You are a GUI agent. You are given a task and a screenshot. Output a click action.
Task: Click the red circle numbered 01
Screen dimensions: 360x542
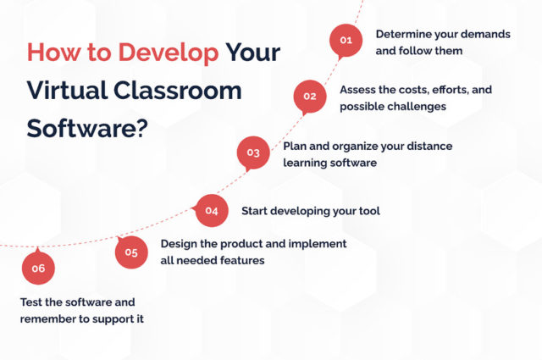pyautogui.click(x=345, y=40)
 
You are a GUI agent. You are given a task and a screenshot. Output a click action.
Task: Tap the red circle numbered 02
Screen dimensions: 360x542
pyautogui.click(x=309, y=96)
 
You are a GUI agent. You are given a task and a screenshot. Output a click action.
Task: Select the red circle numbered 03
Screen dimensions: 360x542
pyautogui.click(x=252, y=152)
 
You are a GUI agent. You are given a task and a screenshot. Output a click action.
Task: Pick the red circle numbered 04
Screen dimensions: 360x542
pyautogui.click(x=212, y=210)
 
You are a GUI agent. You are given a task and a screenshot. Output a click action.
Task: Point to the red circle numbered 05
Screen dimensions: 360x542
pyautogui.click(x=131, y=252)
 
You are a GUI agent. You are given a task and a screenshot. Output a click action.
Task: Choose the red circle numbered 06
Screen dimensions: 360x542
pyautogui.click(x=38, y=269)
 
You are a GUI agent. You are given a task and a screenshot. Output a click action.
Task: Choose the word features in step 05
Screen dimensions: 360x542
pyautogui.click(x=242, y=260)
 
